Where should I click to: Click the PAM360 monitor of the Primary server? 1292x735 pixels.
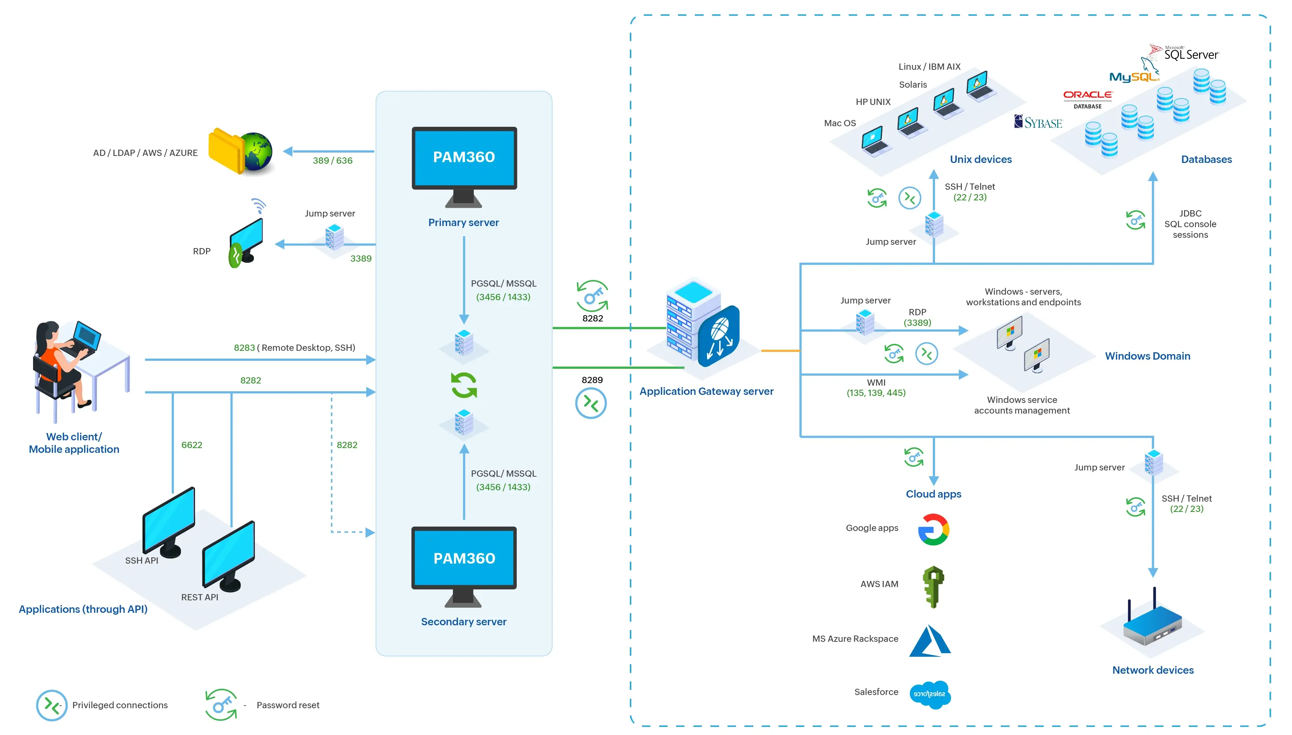click(x=464, y=158)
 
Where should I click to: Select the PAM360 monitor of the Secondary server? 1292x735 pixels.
click(x=464, y=558)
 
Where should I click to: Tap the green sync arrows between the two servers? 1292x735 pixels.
click(x=464, y=385)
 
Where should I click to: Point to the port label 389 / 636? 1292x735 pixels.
click(x=332, y=160)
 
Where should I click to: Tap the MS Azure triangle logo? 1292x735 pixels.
click(x=930, y=641)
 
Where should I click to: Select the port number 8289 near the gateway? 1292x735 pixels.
click(x=592, y=380)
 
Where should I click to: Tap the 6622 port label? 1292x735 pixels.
click(x=191, y=445)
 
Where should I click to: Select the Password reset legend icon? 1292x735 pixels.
click(x=221, y=704)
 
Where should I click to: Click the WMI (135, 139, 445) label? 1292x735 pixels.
click(x=876, y=388)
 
